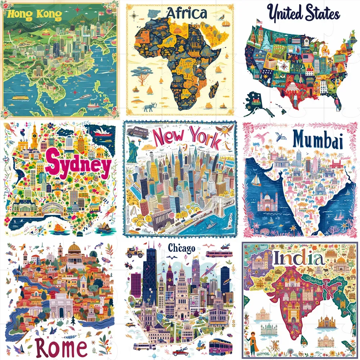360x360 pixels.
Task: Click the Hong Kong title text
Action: click(x=34, y=15)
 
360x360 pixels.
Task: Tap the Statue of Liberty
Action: click(x=132, y=149)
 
